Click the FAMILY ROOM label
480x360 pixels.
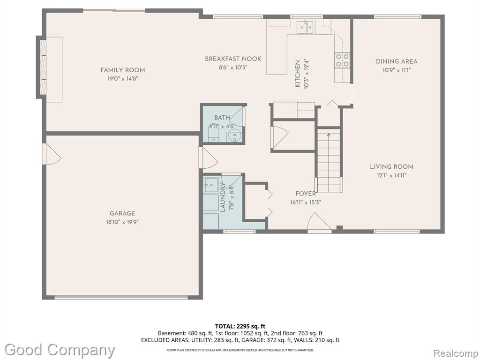123,70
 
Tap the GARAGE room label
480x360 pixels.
122,213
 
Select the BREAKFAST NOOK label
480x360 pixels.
233,59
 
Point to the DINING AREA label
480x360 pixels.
397,61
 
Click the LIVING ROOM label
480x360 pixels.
391,167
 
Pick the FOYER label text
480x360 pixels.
306,194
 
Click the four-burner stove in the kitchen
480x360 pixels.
342,60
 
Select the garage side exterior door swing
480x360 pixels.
52,154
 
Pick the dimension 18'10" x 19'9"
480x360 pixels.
122,222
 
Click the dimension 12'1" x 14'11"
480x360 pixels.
391,175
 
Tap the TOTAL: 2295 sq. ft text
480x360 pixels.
240,326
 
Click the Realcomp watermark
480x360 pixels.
455,353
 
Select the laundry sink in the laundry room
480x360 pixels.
211,185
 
